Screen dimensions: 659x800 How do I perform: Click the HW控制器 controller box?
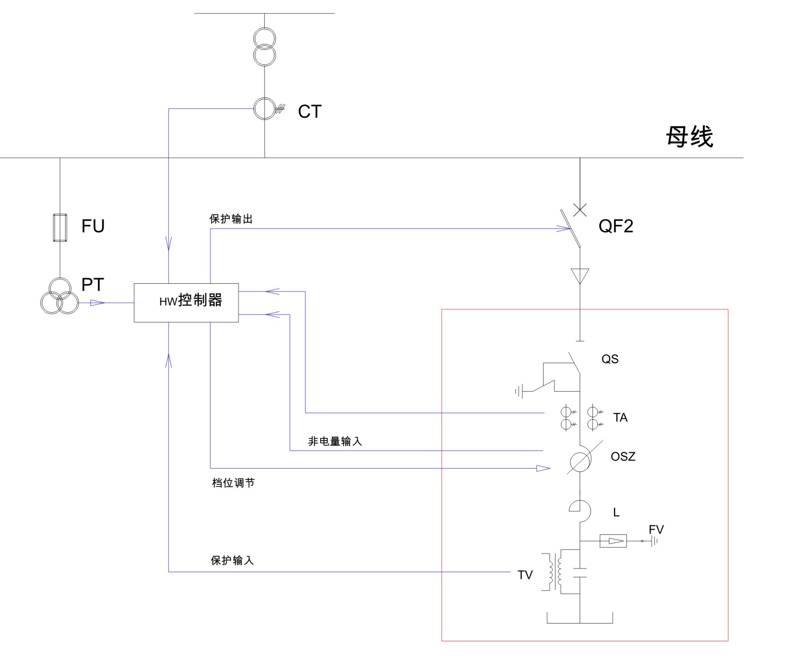(186, 302)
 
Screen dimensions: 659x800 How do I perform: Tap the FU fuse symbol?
(60, 228)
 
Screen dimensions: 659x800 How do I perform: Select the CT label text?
(310, 112)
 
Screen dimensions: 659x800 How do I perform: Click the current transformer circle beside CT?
(265, 109)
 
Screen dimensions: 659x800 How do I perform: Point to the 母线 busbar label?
(689, 137)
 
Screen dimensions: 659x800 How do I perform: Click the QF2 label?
(616, 226)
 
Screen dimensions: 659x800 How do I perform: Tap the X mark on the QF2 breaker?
(580, 210)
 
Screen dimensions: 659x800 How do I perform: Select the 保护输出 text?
(231, 219)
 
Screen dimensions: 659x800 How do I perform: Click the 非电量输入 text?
(335, 441)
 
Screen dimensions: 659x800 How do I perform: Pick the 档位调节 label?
(233, 483)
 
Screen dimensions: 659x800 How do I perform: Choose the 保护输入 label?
(232, 561)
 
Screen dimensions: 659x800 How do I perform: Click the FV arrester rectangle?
(613, 541)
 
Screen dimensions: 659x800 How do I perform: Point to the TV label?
(525, 575)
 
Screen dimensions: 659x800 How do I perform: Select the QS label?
(610, 359)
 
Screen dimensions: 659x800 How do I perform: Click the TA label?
(620, 418)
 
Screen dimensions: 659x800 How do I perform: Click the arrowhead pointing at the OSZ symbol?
(543, 468)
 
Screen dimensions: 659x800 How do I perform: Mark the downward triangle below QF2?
(580, 275)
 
